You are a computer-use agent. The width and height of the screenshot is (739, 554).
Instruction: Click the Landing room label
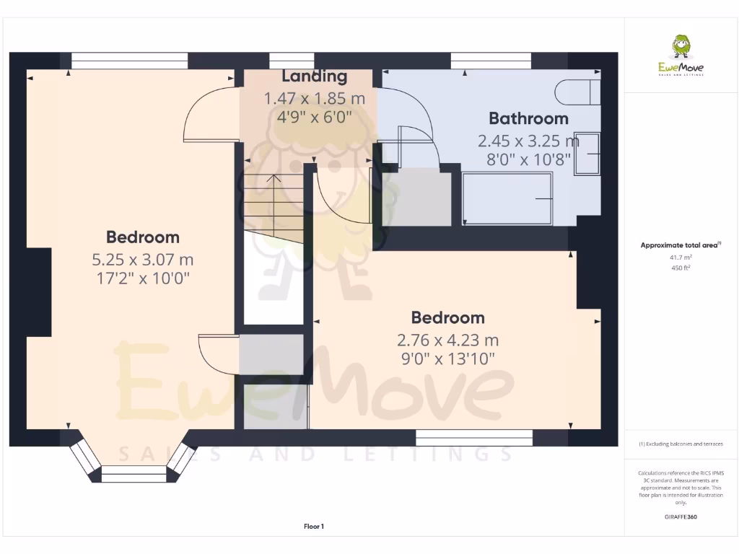[x=314, y=76]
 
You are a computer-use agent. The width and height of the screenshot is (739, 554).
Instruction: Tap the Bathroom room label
[x=528, y=118]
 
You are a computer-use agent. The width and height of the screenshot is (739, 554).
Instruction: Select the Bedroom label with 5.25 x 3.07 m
[x=143, y=237]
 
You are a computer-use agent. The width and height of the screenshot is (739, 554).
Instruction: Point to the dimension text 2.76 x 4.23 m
[x=447, y=340]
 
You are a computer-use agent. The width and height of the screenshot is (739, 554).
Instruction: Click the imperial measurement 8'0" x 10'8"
[x=528, y=159]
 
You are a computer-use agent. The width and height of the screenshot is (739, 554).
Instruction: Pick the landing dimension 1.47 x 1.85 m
[x=314, y=97]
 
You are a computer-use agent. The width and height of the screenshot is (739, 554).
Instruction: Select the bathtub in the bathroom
[x=507, y=198]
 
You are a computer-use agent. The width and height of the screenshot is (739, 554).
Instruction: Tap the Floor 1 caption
[x=314, y=527]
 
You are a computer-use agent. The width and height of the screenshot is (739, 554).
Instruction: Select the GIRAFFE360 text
[x=681, y=516]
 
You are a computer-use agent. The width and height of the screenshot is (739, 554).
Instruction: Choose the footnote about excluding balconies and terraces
[x=681, y=444]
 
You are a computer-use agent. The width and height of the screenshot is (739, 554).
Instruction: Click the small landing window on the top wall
[x=291, y=60]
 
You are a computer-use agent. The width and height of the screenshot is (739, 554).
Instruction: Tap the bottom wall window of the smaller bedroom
[x=474, y=437]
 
